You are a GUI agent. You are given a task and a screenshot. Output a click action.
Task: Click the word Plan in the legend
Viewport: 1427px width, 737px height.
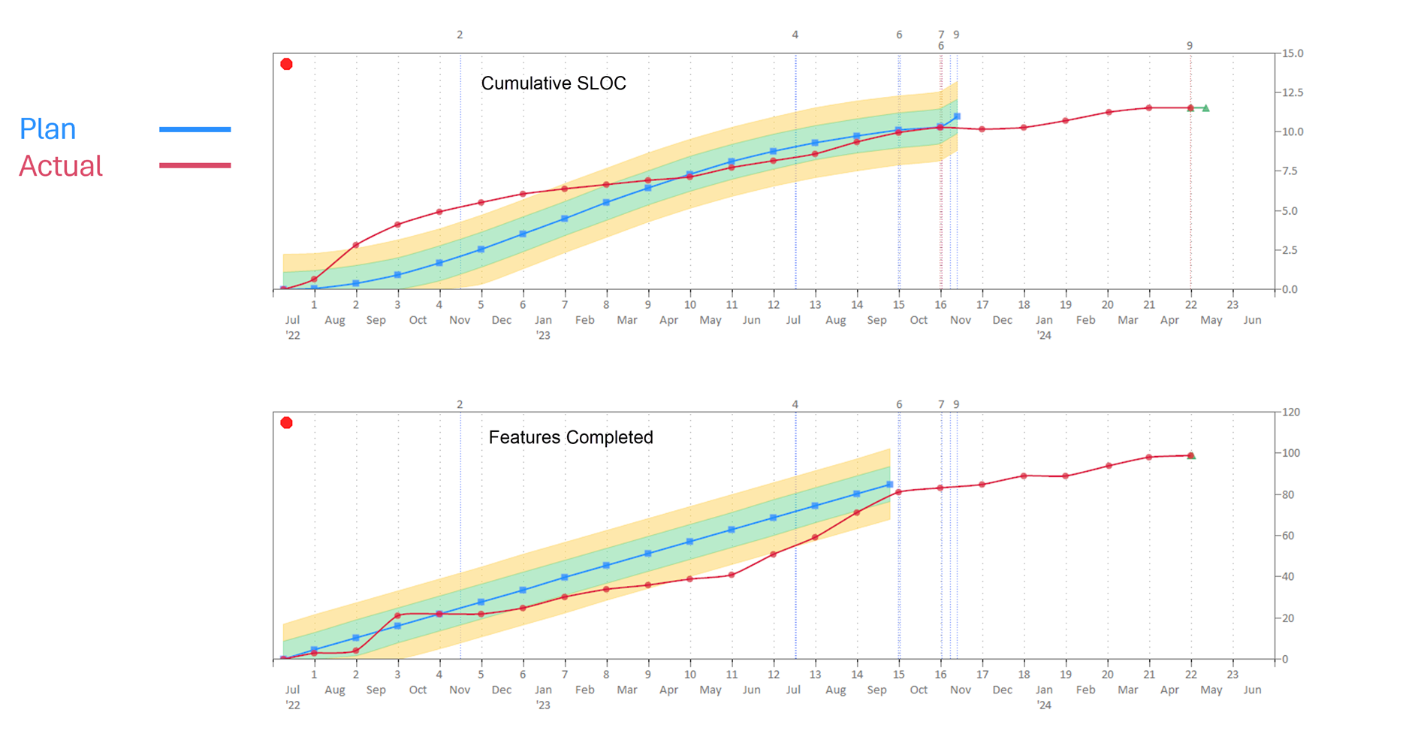pyautogui.click(x=48, y=129)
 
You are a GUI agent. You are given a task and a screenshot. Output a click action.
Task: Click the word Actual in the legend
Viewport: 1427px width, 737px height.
pyautogui.click(x=61, y=166)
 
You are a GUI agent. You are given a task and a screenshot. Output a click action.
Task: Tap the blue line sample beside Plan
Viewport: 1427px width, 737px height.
pyautogui.click(x=195, y=129)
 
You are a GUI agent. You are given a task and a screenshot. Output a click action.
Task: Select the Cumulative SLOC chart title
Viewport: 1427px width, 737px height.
pyautogui.click(x=554, y=83)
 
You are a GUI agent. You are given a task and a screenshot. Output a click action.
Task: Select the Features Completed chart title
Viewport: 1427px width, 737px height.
pyautogui.click(x=571, y=437)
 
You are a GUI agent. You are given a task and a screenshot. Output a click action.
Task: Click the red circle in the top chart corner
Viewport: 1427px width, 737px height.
pyautogui.click(x=286, y=65)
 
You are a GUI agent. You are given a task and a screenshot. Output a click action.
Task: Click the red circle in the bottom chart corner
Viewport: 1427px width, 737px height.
pyautogui.click(x=286, y=423)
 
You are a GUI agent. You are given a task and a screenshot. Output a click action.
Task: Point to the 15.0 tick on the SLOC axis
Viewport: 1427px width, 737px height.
pyautogui.click(x=1293, y=53)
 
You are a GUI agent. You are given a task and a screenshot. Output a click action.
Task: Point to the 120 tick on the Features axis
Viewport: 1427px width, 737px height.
pyautogui.click(x=1291, y=412)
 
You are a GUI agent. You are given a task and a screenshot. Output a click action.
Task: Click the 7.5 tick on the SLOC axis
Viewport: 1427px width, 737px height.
pyautogui.click(x=1290, y=171)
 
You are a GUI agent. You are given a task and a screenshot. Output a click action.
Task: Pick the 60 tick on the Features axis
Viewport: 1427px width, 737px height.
pyautogui.click(x=1288, y=536)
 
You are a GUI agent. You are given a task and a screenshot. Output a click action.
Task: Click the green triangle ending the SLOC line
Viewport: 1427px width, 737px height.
pyautogui.click(x=1205, y=108)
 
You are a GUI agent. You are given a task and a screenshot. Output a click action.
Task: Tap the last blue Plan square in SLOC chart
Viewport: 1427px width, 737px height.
pyautogui.click(x=957, y=116)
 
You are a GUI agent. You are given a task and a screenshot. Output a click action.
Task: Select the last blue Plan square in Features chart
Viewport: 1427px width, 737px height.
pyautogui.click(x=889, y=485)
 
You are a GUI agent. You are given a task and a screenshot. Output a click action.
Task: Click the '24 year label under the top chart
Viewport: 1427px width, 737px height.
pyautogui.click(x=1044, y=336)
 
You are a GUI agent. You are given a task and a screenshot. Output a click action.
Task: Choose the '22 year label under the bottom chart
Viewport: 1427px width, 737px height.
pyautogui.click(x=293, y=705)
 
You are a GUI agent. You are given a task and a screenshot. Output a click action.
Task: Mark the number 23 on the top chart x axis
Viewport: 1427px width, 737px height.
pyautogui.click(x=1232, y=305)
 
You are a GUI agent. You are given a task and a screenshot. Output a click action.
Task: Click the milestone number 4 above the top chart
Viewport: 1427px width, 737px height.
pyautogui.click(x=795, y=35)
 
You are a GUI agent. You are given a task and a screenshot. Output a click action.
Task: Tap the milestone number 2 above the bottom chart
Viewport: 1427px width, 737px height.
pyautogui.click(x=460, y=404)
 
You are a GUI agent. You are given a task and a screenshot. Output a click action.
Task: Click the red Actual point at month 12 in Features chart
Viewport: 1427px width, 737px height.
pyautogui.click(x=774, y=554)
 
